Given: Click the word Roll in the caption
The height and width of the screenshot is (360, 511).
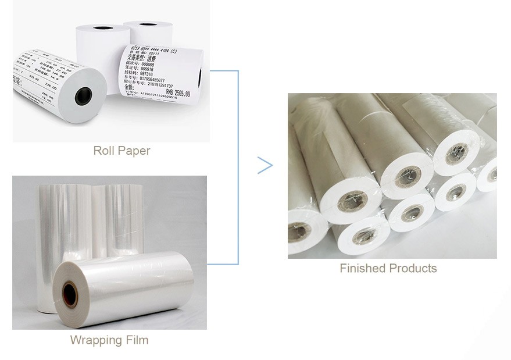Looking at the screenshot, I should pyautogui.click(x=103, y=151).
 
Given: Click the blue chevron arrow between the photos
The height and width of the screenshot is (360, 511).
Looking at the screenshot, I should pyautogui.click(x=265, y=165).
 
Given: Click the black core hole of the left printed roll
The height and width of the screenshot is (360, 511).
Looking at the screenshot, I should pyautogui.click(x=83, y=95).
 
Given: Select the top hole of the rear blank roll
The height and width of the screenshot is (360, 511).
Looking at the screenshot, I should pyautogui.click(x=148, y=24).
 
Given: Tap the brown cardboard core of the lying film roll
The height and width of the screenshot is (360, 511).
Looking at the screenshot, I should pyautogui.click(x=70, y=294).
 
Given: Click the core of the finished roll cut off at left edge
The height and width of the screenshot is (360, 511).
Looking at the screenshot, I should pyautogui.click(x=297, y=231).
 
